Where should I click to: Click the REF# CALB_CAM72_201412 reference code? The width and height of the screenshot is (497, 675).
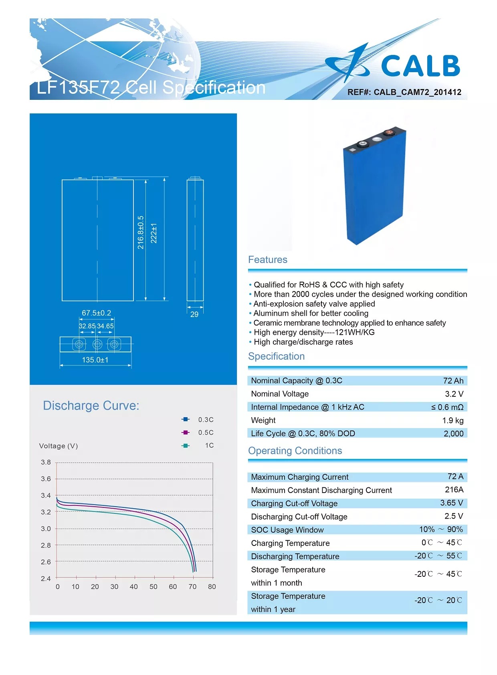(404, 92)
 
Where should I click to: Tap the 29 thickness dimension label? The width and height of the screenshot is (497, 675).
(194, 314)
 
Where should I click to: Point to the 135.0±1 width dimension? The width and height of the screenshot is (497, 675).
(95, 360)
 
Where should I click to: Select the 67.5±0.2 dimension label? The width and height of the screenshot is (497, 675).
(96, 313)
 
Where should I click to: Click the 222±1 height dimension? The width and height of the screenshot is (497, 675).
(154, 233)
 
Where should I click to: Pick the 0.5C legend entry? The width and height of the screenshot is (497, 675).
(198, 432)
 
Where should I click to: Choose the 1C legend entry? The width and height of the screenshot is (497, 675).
(199, 445)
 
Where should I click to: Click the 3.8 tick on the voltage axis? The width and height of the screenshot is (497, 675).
(46, 462)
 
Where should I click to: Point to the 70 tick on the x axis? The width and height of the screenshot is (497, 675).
(192, 587)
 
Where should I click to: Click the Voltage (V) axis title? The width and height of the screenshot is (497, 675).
(59, 446)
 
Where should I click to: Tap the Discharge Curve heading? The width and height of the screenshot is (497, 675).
(91, 406)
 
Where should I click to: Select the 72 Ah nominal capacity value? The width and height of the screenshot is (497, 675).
(453, 381)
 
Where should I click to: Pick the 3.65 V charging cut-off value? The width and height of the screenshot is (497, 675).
(451, 503)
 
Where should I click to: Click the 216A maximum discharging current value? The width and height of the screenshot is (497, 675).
(454, 489)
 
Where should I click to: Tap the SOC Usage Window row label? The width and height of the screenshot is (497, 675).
(287, 530)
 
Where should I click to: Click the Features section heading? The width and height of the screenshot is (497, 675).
(268, 260)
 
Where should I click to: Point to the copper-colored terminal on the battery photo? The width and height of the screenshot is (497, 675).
(388, 133)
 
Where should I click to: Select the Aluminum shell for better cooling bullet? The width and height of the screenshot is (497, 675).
(311, 313)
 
